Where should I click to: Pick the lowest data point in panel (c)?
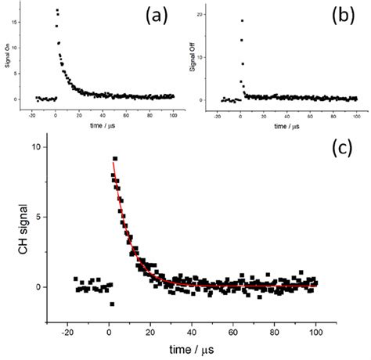tap(112, 304)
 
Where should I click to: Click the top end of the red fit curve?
tap(113, 162)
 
